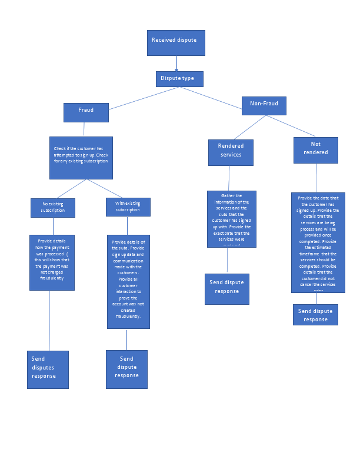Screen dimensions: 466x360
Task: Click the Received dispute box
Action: coord(176,42)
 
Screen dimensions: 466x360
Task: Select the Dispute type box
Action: coord(180,79)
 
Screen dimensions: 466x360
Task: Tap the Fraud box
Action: coord(86,112)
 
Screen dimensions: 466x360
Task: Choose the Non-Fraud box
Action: coord(264,105)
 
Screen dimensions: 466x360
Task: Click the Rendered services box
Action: coord(231,152)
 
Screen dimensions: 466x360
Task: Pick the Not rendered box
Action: coord(315,150)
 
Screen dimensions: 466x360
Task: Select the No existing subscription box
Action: coord(53,208)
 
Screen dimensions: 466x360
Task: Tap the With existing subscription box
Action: coord(128,207)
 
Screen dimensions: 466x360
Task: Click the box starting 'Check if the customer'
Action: coord(81,158)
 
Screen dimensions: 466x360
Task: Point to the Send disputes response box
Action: coord(48,370)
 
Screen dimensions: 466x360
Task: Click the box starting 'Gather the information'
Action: coord(231,219)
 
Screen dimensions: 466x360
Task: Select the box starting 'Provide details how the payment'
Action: coord(52,262)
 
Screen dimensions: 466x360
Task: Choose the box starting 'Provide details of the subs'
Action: coord(128,281)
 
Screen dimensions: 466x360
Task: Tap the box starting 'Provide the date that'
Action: coord(318,242)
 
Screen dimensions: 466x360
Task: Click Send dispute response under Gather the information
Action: coord(226,289)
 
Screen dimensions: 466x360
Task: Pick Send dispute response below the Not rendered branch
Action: coord(315,315)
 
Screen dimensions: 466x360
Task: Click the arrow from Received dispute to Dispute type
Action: coord(176,64)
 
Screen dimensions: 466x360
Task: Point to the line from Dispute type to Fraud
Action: coord(144,98)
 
